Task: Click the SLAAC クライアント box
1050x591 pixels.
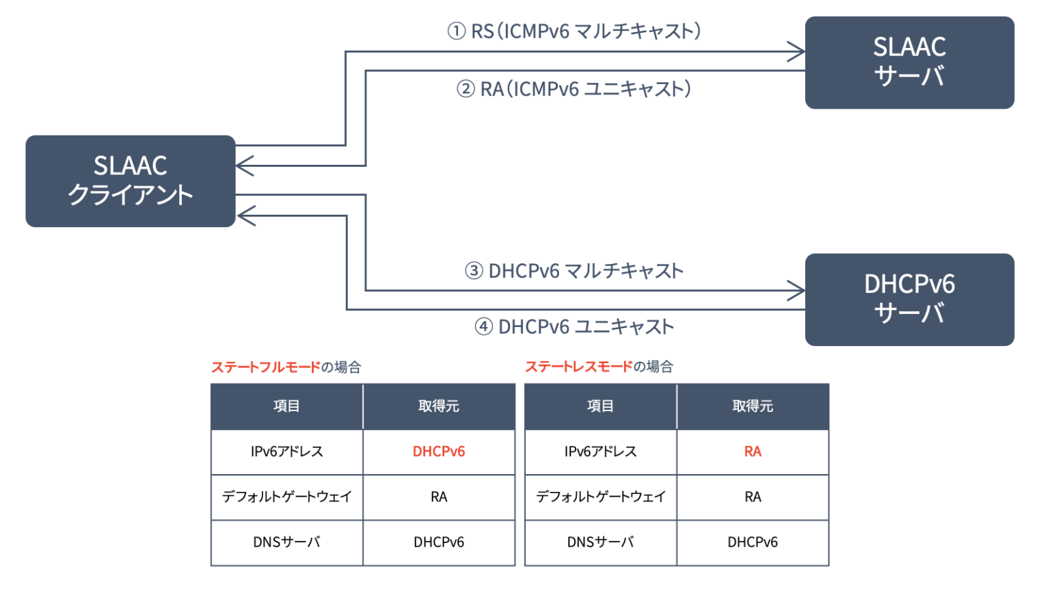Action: [x=130, y=181]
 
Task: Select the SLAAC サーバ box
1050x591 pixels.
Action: [x=909, y=62]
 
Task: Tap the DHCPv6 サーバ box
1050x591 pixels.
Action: [x=909, y=299]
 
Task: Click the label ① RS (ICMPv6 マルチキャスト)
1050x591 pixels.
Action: [x=574, y=31]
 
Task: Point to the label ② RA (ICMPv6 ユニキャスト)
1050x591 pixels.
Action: [x=574, y=89]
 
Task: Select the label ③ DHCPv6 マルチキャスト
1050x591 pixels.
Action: [x=574, y=271]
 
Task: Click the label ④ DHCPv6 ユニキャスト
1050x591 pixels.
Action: [x=574, y=327]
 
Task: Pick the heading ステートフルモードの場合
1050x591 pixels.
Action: [x=286, y=367]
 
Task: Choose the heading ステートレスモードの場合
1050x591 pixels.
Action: [x=599, y=367]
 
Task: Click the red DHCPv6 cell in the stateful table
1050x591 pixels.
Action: [x=439, y=451]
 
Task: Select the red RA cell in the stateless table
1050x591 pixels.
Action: [x=753, y=451]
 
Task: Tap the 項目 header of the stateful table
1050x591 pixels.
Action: [x=286, y=406]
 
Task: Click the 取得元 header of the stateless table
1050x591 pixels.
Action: [x=753, y=406]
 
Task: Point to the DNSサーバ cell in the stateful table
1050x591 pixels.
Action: [x=286, y=542]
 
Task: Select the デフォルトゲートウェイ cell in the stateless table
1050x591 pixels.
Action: [x=600, y=497]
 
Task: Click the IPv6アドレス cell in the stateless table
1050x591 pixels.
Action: [x=600, y=451]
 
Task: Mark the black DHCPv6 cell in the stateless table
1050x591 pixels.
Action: [x=753, y=542]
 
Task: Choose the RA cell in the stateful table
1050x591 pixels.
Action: [x=439, y=497]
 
